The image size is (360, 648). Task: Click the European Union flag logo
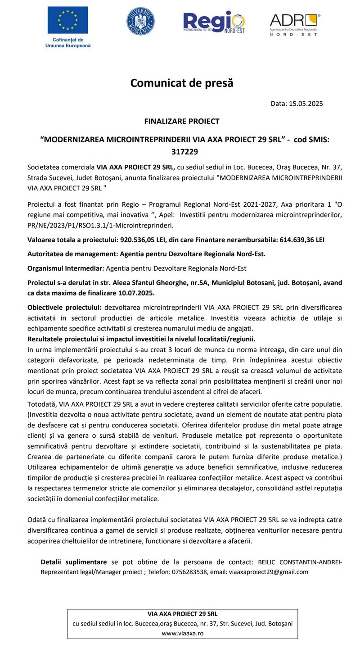pos(68,20)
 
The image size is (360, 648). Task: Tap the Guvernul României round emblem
pos(141,21)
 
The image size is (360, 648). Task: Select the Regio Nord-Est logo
pos(213,21)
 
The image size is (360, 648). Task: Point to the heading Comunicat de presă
pos(182,83)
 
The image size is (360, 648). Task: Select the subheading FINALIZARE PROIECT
pos(182,121)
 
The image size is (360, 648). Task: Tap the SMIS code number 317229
pos(184,152)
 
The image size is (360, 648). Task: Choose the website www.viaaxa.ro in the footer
pos(182,633)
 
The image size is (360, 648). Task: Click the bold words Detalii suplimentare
pos(74,562)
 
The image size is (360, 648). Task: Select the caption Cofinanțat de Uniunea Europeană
pos(68,42)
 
